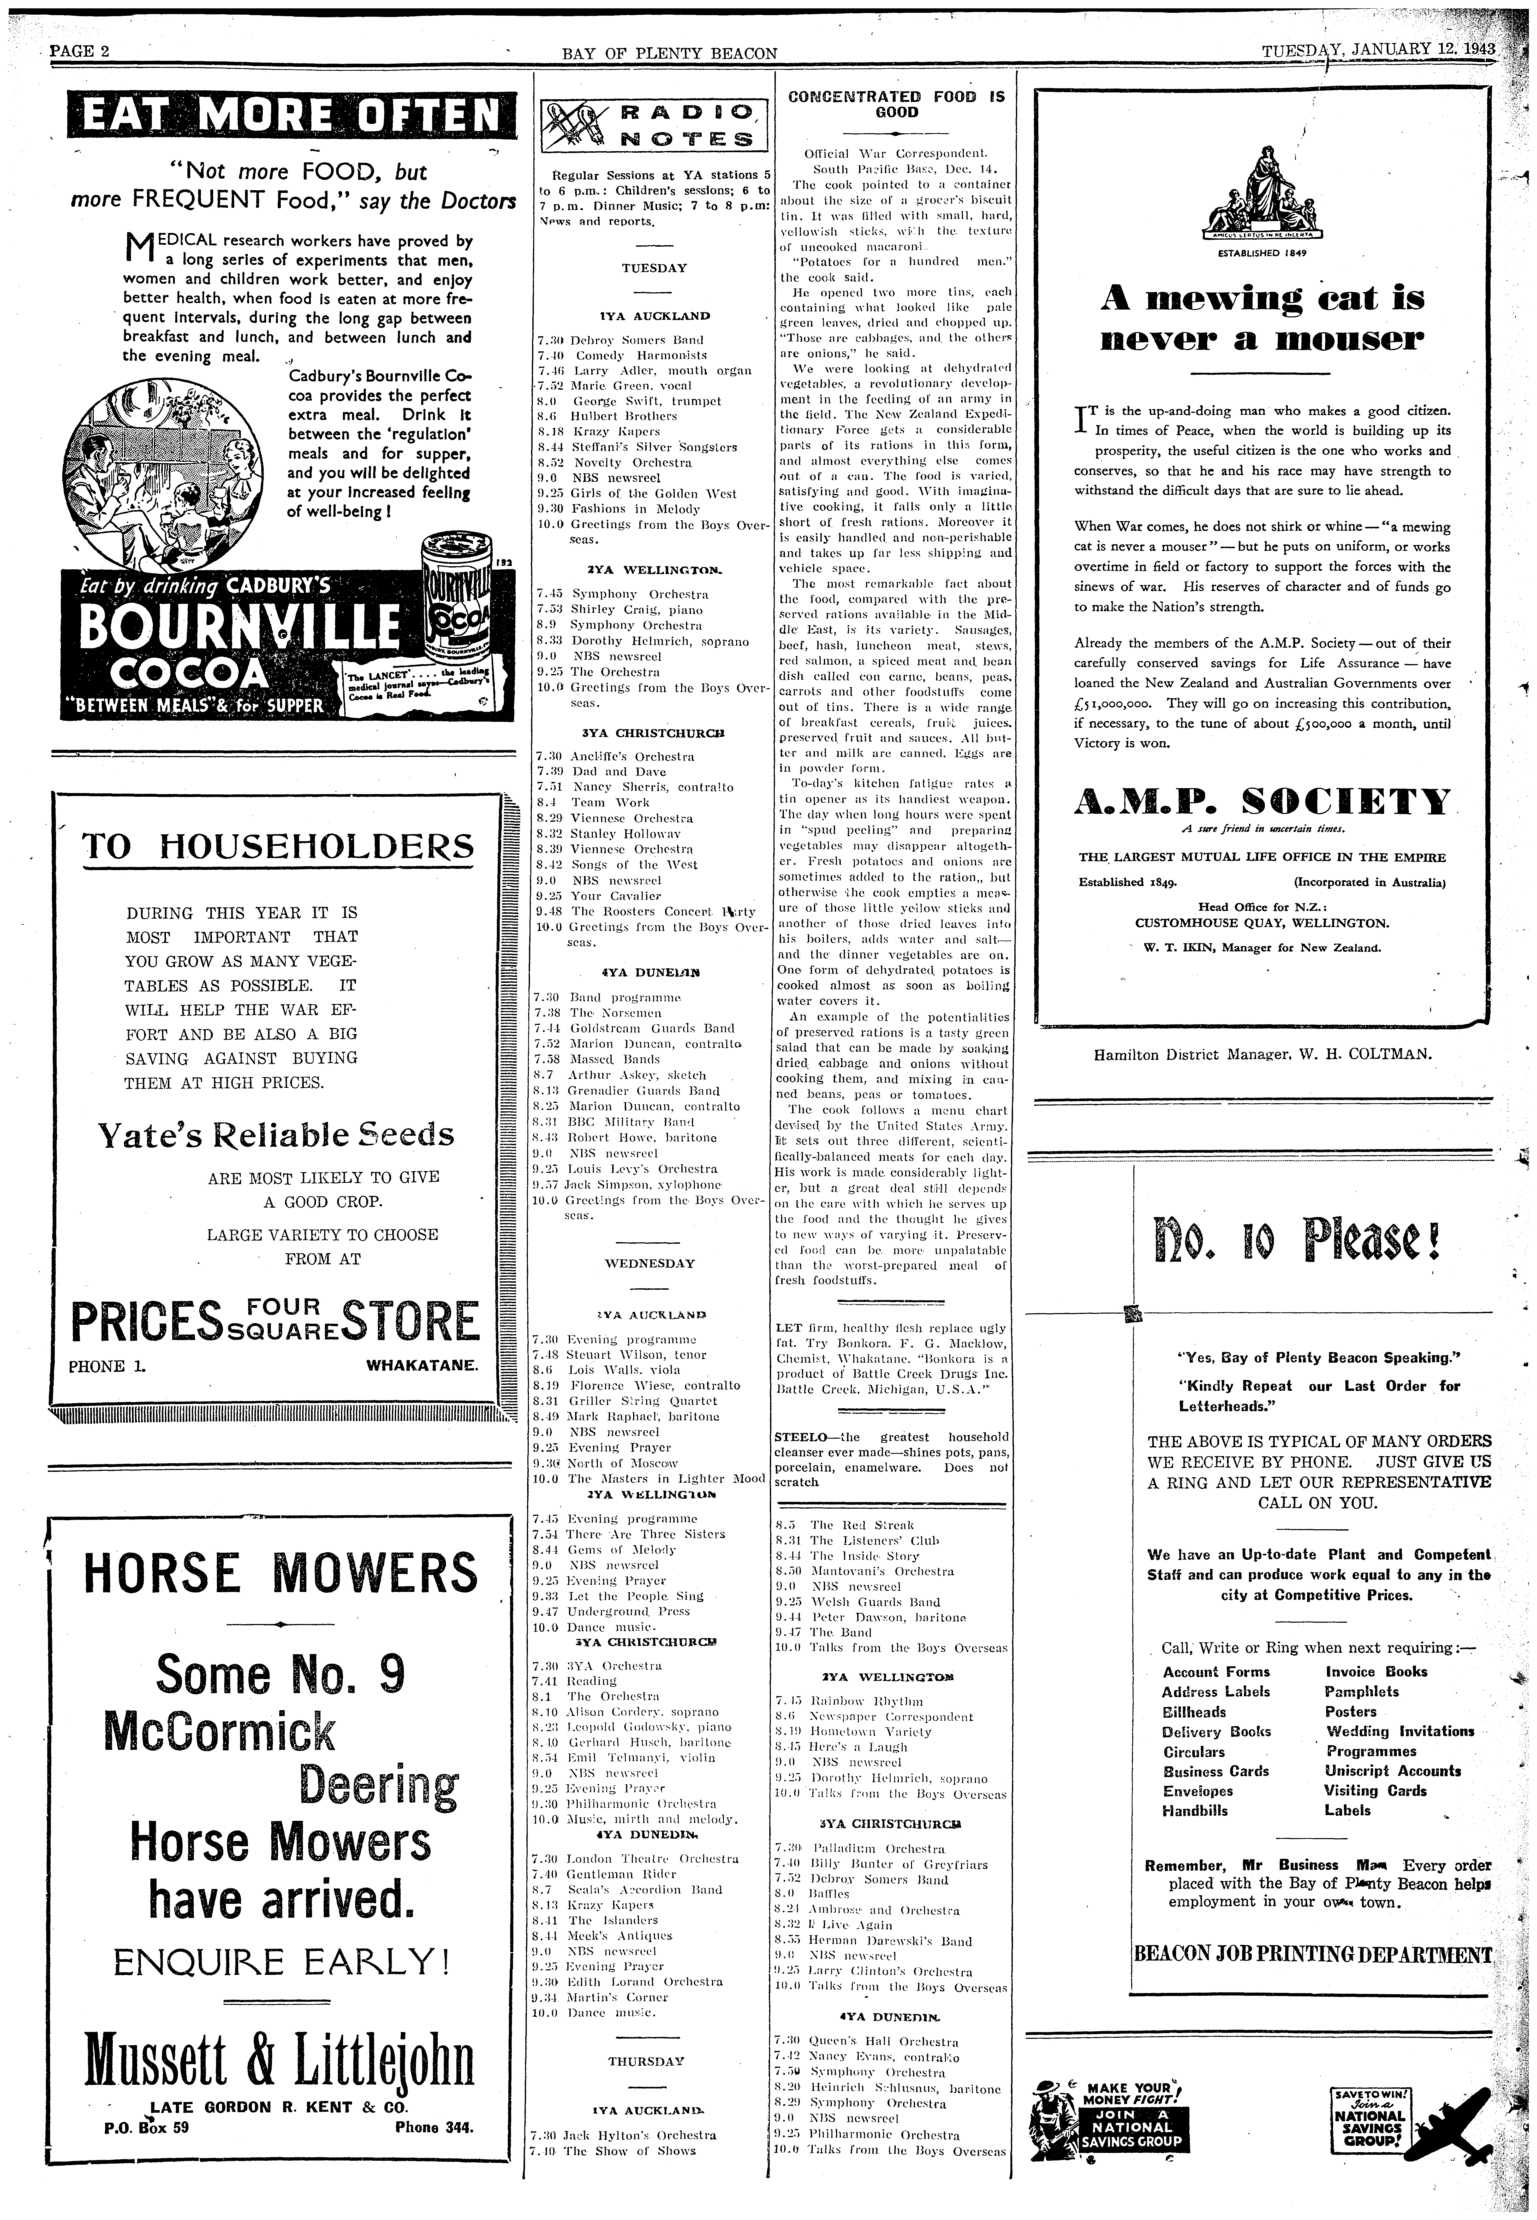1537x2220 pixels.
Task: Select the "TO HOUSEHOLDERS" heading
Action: [278, 848]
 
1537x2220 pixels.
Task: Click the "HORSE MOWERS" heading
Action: [280, 1574]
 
